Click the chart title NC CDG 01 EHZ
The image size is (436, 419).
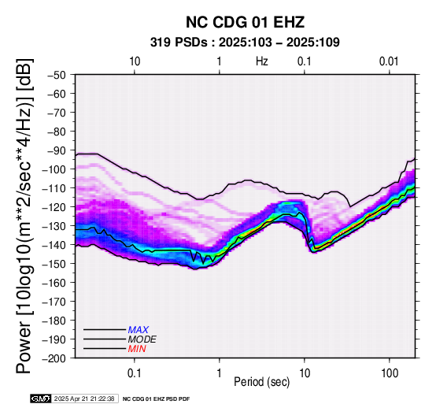tap(245, 22)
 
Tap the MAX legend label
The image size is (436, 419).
tap(139, 330)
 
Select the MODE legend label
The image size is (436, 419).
tap(142, 339)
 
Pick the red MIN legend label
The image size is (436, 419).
tap(137, 349)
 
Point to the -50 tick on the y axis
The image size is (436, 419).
tap(57, 75)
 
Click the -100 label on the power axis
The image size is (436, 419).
tap(54, 169)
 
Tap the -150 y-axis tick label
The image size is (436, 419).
tap(54, 264)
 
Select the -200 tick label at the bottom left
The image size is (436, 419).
tap(54, 358)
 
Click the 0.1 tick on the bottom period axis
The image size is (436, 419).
tap(135, 373)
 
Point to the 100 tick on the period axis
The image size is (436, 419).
tap(390, 373)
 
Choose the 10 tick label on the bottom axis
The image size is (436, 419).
tap(305, 373)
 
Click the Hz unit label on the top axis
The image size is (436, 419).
tap(262, 61)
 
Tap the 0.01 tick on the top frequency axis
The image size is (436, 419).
tap(389, 61)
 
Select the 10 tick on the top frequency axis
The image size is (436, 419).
tap(135, 61)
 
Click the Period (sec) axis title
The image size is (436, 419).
tap(261, 382)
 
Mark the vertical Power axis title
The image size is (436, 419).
tap(24, 216)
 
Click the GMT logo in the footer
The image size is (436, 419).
tap(41, 399)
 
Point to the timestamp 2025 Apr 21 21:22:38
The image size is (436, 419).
tap(84, 399)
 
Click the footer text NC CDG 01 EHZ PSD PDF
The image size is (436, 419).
tap(157, 399)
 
